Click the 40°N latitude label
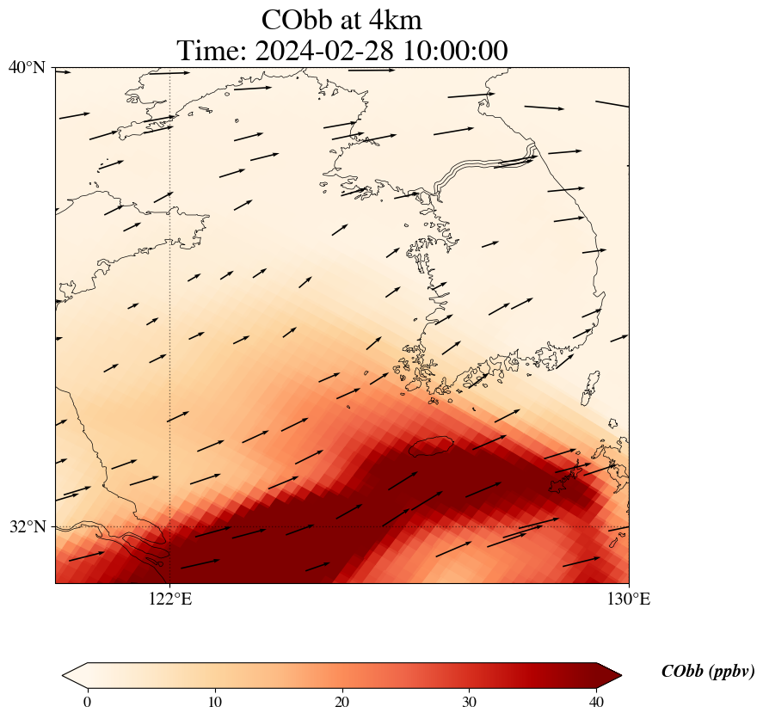coord(27,67)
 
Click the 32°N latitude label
coord(27,526)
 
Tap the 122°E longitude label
coord(170,599)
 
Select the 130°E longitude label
coord(630,599)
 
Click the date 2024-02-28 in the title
coord(323,51)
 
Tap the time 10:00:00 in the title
coord(452,51)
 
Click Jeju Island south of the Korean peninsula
coord(431,446)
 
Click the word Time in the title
coord(212,51)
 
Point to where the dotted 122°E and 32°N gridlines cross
coord(170,526)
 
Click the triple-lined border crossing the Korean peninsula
coord(482,169)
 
